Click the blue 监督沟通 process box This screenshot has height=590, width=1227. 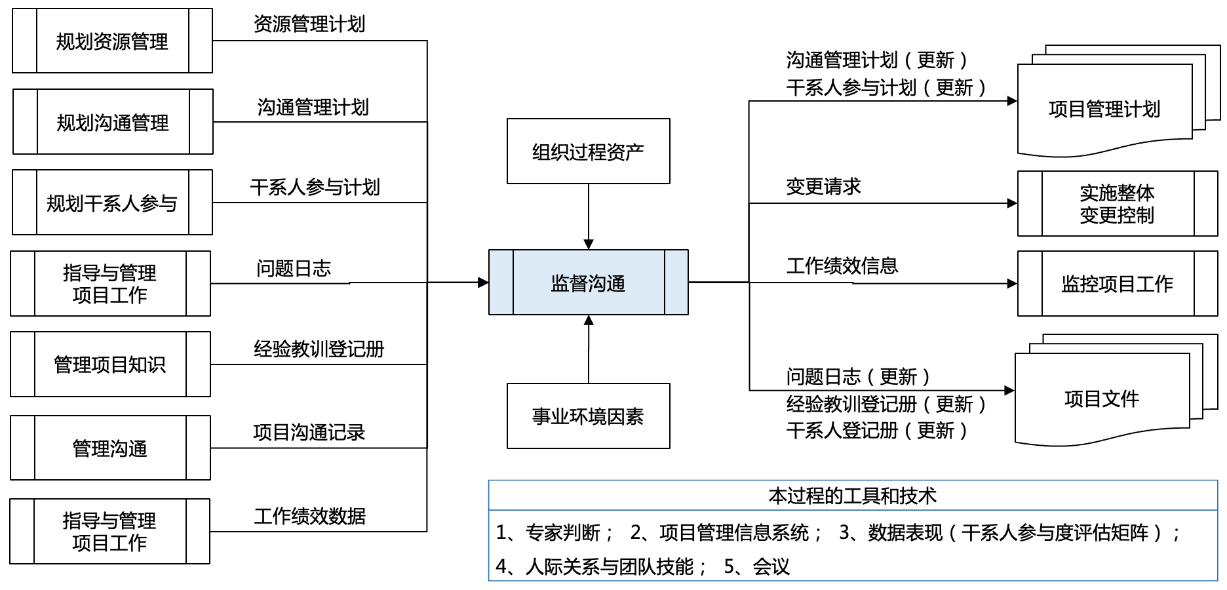588,283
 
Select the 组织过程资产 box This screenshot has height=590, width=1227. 588,151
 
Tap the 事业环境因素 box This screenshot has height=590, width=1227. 588,416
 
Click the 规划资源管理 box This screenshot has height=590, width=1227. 112,41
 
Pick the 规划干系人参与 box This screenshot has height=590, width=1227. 112,203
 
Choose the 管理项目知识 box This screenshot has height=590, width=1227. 110,364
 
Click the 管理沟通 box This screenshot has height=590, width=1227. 110,448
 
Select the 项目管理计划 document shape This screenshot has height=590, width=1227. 1104,109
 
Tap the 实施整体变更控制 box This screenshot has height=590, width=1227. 1117,204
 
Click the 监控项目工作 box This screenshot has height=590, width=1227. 1117,284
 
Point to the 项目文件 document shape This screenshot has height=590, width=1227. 1102,399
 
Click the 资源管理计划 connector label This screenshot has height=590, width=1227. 309,24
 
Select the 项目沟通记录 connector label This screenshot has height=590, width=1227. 309,432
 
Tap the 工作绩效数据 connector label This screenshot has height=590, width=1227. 309,516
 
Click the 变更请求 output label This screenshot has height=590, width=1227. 823,187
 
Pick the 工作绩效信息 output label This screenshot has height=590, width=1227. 842,265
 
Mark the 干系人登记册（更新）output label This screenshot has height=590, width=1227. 876,431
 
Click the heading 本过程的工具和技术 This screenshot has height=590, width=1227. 852,496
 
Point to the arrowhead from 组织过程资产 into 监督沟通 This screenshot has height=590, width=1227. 589,245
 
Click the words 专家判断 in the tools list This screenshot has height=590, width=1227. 563,533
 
